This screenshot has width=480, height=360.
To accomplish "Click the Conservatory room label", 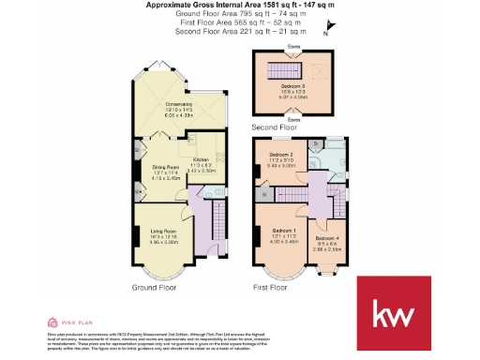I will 178,104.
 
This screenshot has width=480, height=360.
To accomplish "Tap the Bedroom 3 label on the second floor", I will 294,84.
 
